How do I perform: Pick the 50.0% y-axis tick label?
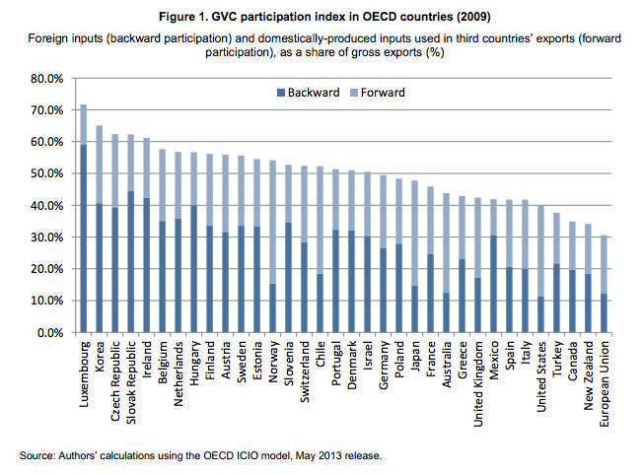click(46, 173)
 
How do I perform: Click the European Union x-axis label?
click(604, 380)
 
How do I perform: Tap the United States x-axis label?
click(539, 375)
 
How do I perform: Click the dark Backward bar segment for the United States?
click(539, 314)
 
